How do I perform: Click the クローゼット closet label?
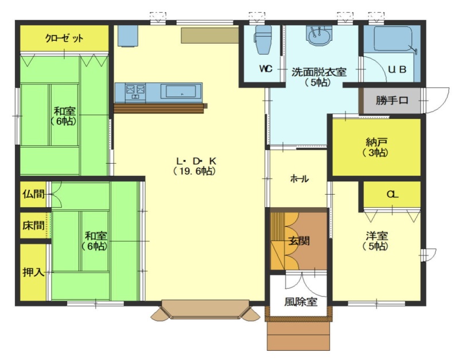coord(64,38)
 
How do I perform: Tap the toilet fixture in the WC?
coord(263,40)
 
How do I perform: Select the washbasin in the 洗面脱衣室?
coord(318,36)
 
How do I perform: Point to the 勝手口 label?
coord(392,100)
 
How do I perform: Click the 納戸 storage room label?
coord(376,142)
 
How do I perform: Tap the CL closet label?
coord(392,194)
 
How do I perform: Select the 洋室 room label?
coord(376,236)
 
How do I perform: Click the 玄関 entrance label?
coord(298,241)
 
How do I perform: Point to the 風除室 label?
coord(301,301)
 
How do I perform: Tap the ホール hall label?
coord(299,179)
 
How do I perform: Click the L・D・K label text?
coord(196,161)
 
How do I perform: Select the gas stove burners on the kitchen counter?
coord(135,91)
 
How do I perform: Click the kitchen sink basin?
coord(181,91)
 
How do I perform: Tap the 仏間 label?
coord(33,194)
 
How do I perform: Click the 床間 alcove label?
coord(33,225)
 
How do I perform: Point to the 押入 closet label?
coord(33,272)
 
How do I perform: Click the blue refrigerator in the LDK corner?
coord(128,36)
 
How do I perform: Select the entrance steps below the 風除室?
coord(298,336)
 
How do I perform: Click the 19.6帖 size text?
coord(195,171)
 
